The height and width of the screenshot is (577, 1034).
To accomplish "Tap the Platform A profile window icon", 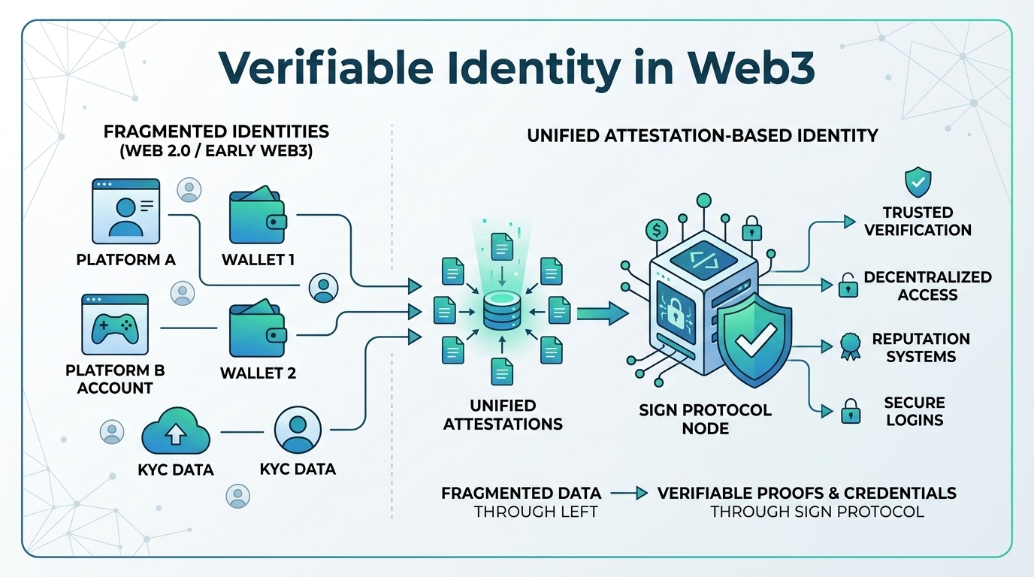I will click(x=126, y=211).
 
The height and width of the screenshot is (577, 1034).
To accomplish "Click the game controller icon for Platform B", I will click(x=115, y=325).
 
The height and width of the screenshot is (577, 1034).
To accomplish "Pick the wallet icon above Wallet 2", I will click(x=257, y=330).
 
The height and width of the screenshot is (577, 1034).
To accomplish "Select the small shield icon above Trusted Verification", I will click(x=918, y=182).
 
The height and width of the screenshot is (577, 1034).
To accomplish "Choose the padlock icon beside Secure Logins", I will click(x=850, y=411).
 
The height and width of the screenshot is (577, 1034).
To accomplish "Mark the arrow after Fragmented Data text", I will click(x=629, y=494).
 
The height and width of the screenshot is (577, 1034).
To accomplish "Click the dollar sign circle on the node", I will click(x=656, y=229).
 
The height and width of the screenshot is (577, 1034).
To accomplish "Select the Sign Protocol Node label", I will click(x=705, y=418).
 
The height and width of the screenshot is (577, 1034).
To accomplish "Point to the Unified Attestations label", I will click(x=503, y=414).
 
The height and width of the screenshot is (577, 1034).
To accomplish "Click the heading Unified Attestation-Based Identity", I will click(x=703, y=136).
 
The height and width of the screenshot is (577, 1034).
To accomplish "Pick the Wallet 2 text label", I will click(x=258, y=373).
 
